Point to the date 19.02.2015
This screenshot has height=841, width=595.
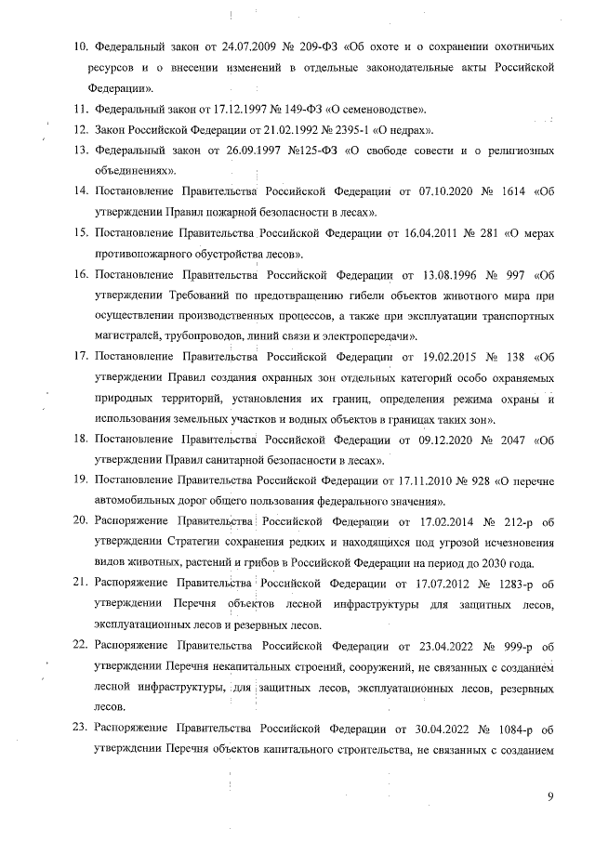point(427,357)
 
